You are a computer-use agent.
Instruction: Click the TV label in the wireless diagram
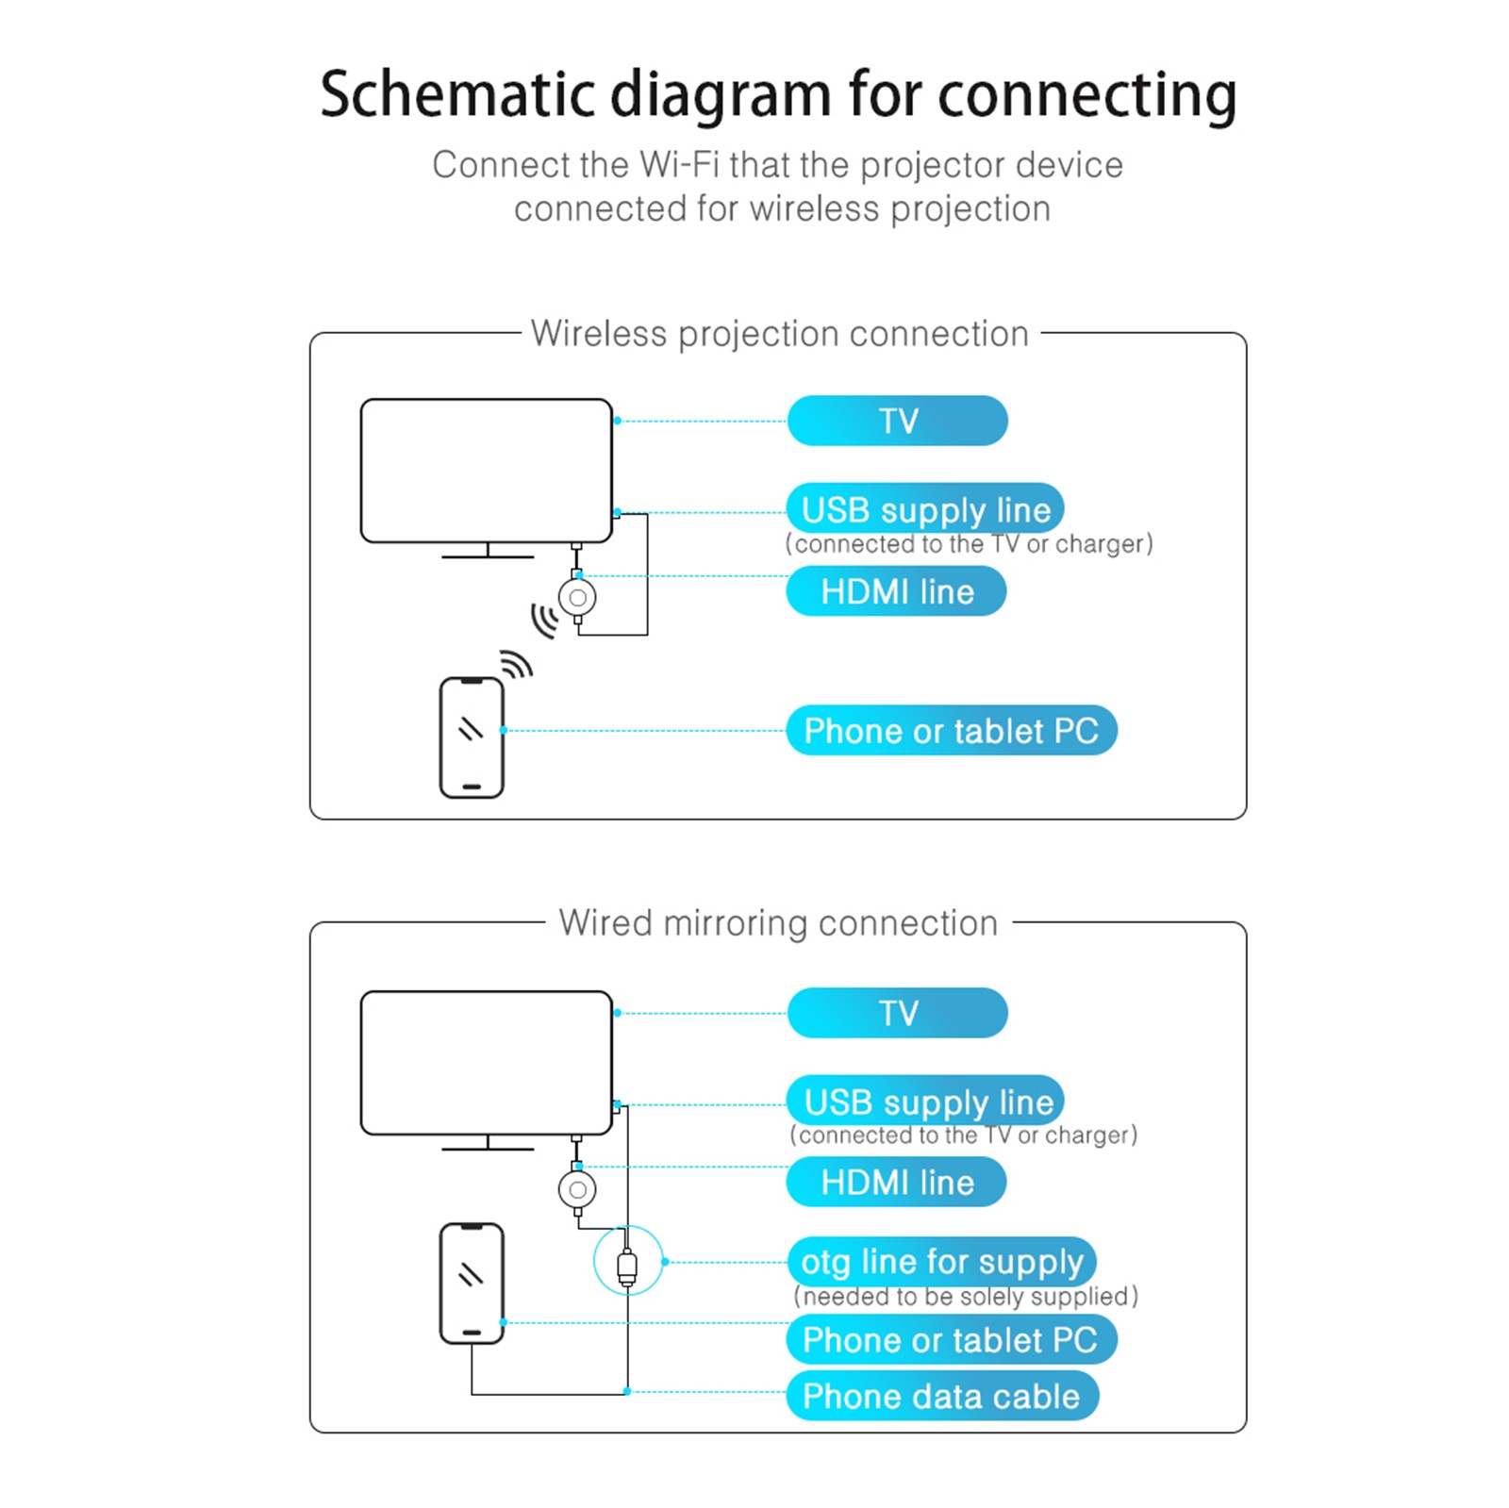tap(897, 421)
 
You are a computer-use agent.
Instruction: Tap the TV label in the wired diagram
tap(897, 1013)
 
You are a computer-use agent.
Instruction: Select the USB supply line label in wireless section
tap(925, 510)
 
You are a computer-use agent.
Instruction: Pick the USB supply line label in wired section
tap(925, 1102)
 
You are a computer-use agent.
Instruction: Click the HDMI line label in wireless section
tap(896, 591)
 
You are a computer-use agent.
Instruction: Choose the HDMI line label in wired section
tap(896, 1183)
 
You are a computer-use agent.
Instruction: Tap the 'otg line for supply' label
tap(941, 1262)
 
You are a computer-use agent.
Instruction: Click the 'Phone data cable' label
tap(941, 1397)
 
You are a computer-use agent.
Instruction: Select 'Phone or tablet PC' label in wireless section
tap(951, 731)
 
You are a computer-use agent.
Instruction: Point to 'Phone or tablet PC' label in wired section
tap(951, 1340)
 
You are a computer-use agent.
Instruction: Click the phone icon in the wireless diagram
tap(472, 737)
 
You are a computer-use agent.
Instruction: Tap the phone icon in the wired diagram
tap(472, 1283)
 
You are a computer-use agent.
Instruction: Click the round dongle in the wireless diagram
tap(577, 597)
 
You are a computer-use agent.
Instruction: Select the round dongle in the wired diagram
tap(577, 1190)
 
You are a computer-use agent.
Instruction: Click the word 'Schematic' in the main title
tap(457, 94)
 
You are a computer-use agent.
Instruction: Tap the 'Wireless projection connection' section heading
tap(779, 334)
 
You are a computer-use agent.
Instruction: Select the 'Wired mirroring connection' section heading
tap(778, 923)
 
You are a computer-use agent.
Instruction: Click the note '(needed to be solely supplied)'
tap(966, 1297)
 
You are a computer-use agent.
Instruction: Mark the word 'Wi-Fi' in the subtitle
tap(680, 165)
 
